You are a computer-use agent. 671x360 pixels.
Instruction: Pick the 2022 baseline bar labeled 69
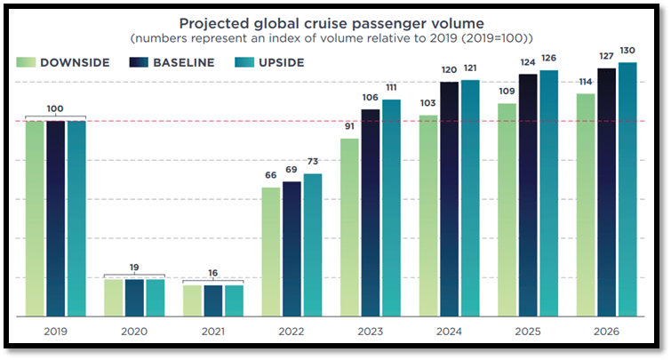[292, 248]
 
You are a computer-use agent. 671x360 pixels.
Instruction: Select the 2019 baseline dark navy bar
[55, 218]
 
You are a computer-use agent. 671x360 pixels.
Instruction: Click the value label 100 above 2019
[55, 108]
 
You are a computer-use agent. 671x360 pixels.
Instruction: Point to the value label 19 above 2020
[134, 267]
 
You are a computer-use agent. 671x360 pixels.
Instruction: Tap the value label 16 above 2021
[212, 272]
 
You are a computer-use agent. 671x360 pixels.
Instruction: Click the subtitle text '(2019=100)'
[507, 39]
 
